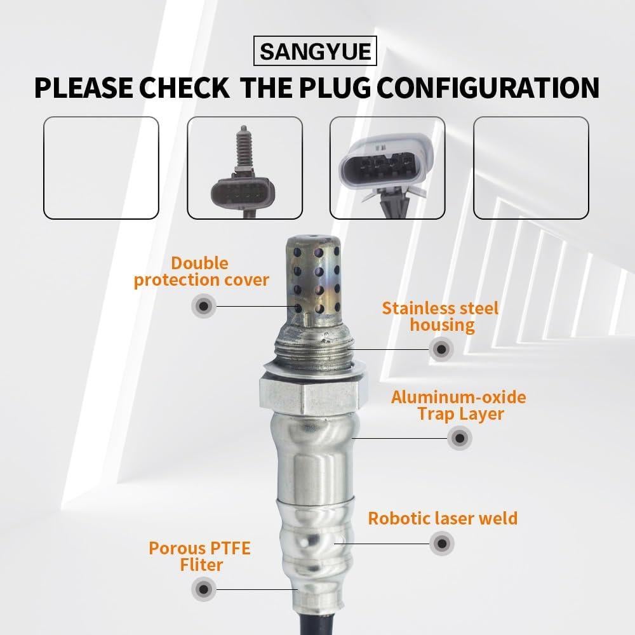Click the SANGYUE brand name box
(x=316, y=50)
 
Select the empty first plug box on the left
(x=100, y=168)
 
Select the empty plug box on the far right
(x=531, y=168)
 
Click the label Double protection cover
(x=201, y=272)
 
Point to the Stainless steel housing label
(x=440, y=317)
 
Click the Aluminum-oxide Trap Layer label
(x=458, y=406)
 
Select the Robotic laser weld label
(x=443, y=518)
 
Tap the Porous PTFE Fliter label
(x=199, y=556)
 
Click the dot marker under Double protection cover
(x=203, y=307)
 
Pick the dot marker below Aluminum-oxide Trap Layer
(x=458, y=438)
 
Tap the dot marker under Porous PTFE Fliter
(x=203, y=589)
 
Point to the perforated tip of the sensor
(x=311, y=279)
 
